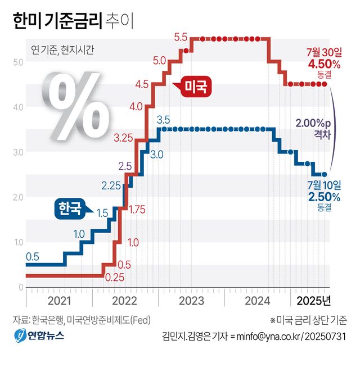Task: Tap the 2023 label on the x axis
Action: point(191,300)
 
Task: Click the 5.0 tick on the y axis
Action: point(17,61)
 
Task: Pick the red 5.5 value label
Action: point(181,38)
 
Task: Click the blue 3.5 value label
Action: point(163,119)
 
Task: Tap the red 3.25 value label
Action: point(124,137)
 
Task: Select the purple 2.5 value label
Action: point(125,166)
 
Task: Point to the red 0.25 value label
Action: point(115,277)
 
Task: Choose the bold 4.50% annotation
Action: point(323,63)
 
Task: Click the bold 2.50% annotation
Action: point(323,196)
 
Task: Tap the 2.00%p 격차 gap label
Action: point(314,129)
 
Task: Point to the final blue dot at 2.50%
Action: point(324,174)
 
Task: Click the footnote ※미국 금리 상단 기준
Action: point(308,320)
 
